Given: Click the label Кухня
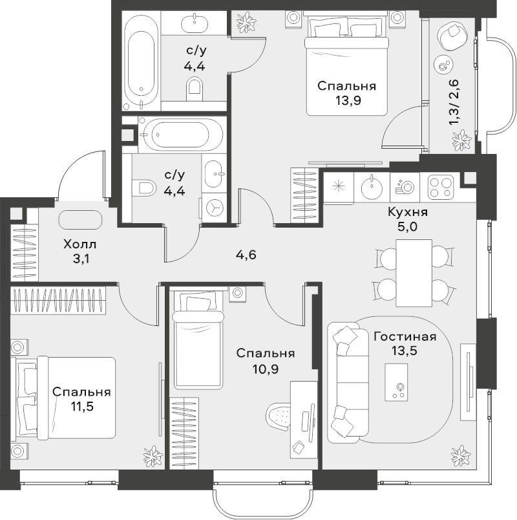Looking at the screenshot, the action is click(x=408, y=212).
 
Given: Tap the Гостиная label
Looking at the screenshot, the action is click(x=405, y=337).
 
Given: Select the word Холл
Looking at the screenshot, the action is click(x=80, y=244).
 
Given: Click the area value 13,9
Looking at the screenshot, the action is click(x=347, y=100).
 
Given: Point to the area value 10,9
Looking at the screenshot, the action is click(x=266, y=369).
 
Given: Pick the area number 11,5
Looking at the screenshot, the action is click(x=82, y=406).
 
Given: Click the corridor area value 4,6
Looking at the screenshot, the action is click(x=246, y=255).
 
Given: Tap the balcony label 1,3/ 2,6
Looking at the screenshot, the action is click(x=454, y=102).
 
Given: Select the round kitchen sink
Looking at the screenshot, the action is click(x=371, y=188).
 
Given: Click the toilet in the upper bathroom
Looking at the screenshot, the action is click(x=194, y=89).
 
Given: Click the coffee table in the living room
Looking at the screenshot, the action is click(x=396, y=382).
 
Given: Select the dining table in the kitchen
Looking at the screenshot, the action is click(x=414, y=273).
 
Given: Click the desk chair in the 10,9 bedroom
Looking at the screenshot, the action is click(x=279, y=416).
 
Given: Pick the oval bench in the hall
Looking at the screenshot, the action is click(x=80, y=219).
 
